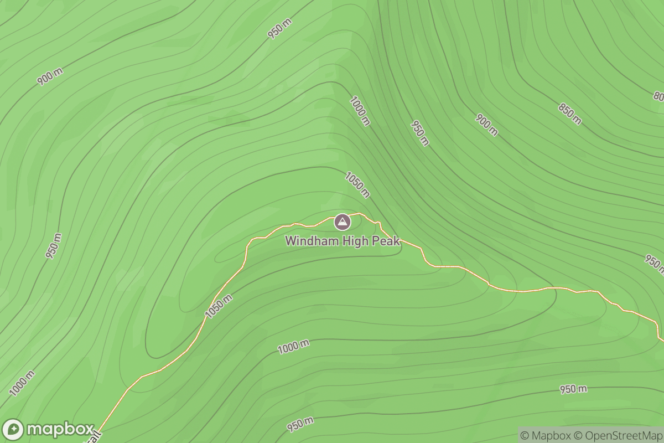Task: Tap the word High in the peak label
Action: [347, 241]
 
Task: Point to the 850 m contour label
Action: [570, 114]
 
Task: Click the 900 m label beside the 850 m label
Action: [486, 125]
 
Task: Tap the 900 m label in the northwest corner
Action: [50, 76]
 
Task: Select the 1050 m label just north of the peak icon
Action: [357, 184]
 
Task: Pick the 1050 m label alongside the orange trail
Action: [219, 306]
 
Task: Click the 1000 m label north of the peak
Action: [360, 110]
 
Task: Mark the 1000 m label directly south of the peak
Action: [293, 347]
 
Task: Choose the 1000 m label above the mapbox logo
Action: [22, 383]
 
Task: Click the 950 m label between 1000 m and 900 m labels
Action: [419, 133]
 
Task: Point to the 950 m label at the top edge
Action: [280, 28]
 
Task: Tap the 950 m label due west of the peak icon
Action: [54, 246]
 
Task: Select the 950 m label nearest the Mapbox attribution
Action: [573, 389]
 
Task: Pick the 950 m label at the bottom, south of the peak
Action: [300, 425]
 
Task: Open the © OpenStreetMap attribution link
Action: [619, 435]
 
